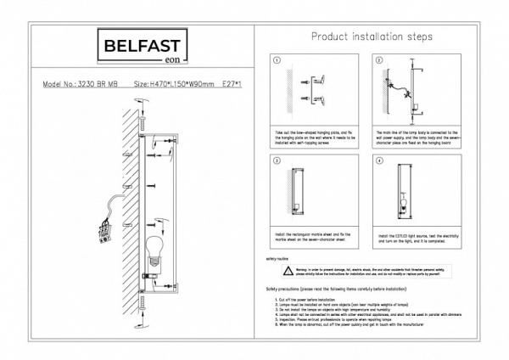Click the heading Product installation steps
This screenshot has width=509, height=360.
[372, 37]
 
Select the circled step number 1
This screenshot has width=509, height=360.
[277, 62]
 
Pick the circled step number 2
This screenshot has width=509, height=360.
[379, 62]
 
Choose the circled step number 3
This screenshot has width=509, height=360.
[277, 160]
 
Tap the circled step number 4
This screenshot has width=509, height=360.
[379, 160]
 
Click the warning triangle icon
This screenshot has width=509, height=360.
[288, 271]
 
